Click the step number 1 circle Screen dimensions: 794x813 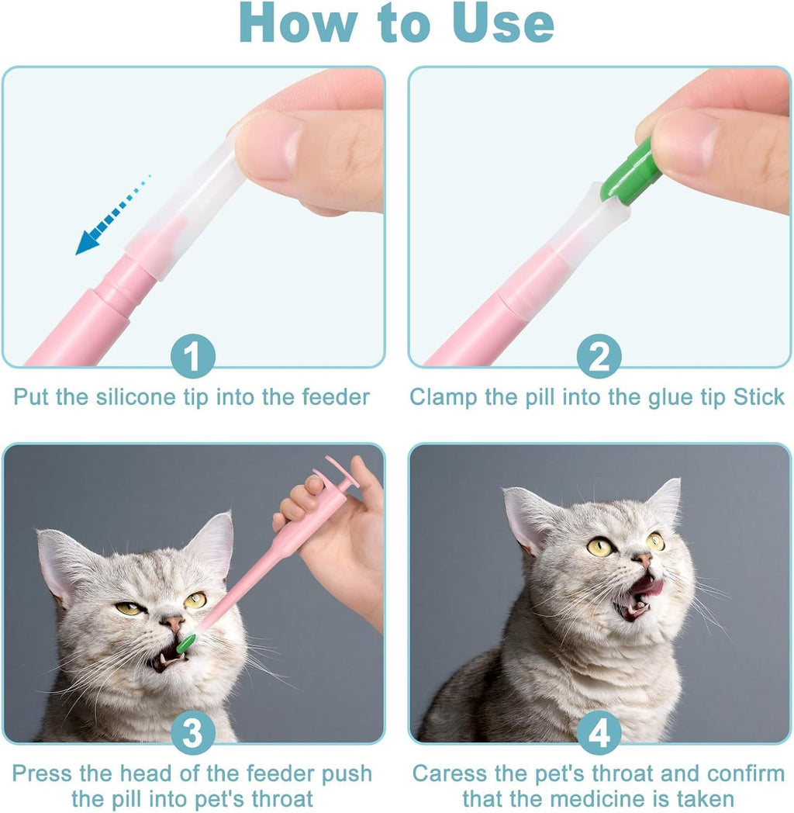point(192,358)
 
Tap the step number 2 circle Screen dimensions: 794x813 point(599,358)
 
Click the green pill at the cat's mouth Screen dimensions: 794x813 point(186,643)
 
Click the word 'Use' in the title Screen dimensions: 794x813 point(504,25)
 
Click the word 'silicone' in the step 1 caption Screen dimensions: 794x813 point(139,397)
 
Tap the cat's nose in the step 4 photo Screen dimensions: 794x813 point(642,559)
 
